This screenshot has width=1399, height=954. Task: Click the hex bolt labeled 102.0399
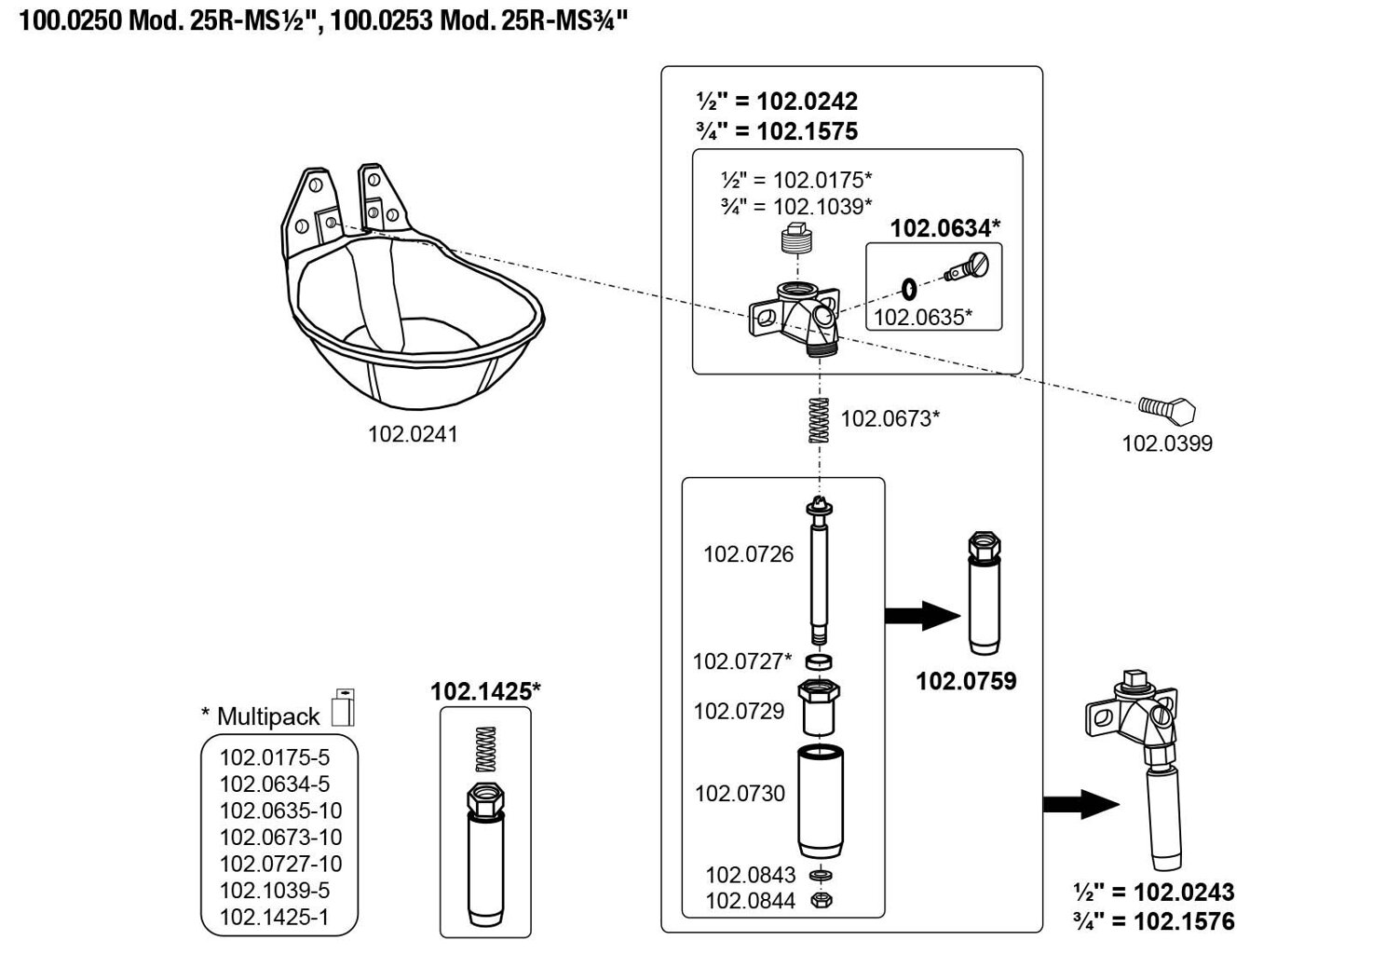pos(1167,409)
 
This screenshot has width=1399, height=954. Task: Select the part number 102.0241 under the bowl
pos(413,434)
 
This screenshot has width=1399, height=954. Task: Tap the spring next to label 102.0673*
pos(819,420)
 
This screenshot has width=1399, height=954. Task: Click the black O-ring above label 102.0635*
pos(909,288)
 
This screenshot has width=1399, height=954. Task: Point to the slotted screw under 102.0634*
pos(969,267)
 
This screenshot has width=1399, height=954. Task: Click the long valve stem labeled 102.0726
pos(819,570)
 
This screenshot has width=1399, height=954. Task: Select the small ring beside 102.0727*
pos(819,661)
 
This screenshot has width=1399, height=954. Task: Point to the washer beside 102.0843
pos(821,875)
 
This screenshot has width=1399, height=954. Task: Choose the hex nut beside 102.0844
pos(821,900)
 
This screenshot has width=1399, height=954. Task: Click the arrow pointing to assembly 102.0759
pos(921,615)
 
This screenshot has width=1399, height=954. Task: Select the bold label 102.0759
pos(966,681)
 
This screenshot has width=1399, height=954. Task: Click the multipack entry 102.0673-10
pos(280,837)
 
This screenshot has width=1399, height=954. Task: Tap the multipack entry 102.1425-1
pos(274,917)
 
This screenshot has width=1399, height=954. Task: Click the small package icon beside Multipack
pos(343,708)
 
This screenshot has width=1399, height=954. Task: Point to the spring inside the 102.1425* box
pos(484,748)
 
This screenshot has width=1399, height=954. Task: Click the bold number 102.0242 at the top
pos(807,101)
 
